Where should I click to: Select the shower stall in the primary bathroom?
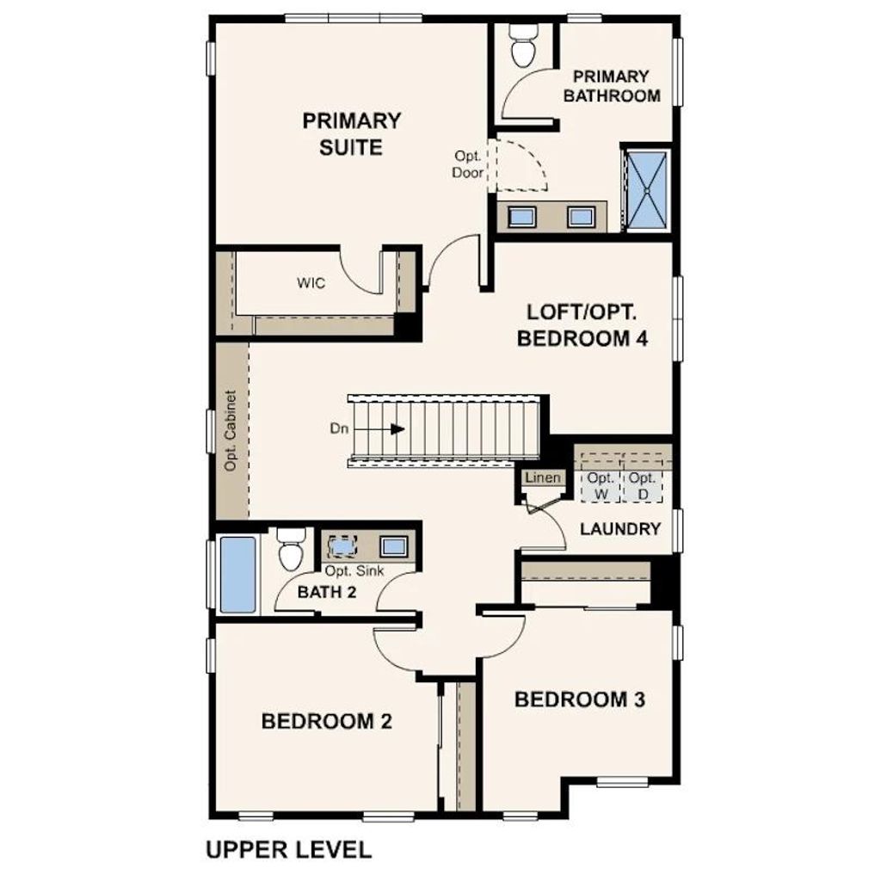pos(646,190)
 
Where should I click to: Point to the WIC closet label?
pos(311,282)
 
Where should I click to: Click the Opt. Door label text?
pos(468,164)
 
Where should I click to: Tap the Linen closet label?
pos(543,477)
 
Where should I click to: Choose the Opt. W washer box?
pos(601,486)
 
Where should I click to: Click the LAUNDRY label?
pos(620,529)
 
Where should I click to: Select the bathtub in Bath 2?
pos(237,574)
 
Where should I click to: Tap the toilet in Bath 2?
pos(292,551)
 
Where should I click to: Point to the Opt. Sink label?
pos(354,570)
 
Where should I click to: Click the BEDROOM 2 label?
pos(327,721)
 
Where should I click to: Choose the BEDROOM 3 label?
pos(579,699)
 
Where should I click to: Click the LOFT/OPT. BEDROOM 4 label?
pos(582,325)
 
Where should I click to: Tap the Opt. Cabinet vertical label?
pos(231,430)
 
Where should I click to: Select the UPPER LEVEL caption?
pos(288,850)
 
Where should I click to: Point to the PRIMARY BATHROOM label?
pos(612,86)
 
